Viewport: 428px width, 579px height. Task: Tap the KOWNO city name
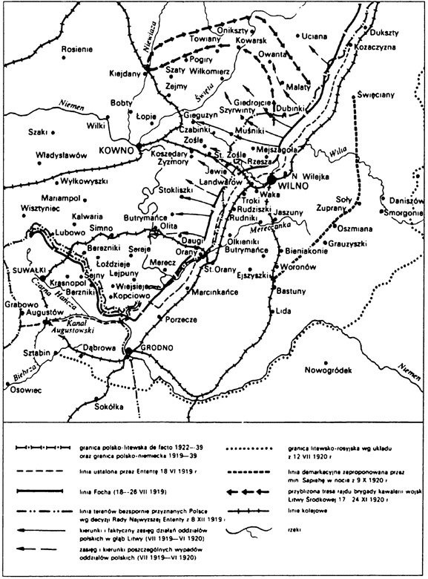coord(113,150)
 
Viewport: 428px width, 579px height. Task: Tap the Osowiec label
coord(24,390)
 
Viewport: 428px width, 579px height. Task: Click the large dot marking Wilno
coord(271,180)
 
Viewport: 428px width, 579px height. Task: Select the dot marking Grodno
coord(127,350)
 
